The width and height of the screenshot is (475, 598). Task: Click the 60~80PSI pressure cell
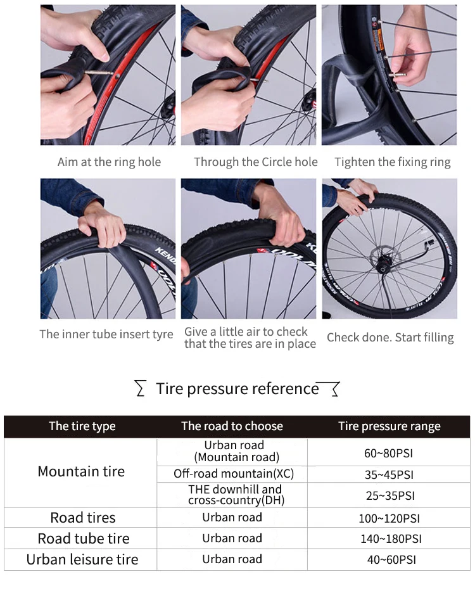(x=388, y=453)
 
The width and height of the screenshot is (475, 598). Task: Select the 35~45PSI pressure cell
(x=389, y=474)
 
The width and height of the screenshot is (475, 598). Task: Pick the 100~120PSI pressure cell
(x=389, y=518)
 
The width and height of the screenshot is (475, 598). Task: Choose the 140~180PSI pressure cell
(x=391, y=538)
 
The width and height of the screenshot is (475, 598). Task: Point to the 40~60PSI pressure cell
(x=391, y=559)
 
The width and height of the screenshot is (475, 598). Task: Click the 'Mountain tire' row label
(x=81, y=471)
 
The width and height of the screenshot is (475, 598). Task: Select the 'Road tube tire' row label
(x=84, y=538)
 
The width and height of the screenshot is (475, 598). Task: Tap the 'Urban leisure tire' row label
(x=82, y=559)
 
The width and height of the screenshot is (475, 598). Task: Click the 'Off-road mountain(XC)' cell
(x=234, y=474)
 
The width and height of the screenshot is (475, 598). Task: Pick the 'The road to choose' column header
(x=232, y=426)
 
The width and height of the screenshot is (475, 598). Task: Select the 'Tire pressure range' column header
(x=389, y=426)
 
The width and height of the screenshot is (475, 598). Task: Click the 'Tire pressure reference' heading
(x=237, y=388)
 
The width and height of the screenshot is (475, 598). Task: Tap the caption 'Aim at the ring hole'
(x=109, y=162)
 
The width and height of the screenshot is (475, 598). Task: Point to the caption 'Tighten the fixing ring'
(x=393, y=162)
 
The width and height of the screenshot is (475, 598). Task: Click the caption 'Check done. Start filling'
(x=390, y=338)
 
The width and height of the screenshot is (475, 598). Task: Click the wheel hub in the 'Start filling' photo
(x=383, y=268)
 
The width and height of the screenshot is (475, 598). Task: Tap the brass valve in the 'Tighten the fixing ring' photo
(x=396, y=75)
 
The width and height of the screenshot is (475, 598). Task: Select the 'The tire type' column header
(x=82, y=426)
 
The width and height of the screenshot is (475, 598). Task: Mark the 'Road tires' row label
(x=83, y=518)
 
